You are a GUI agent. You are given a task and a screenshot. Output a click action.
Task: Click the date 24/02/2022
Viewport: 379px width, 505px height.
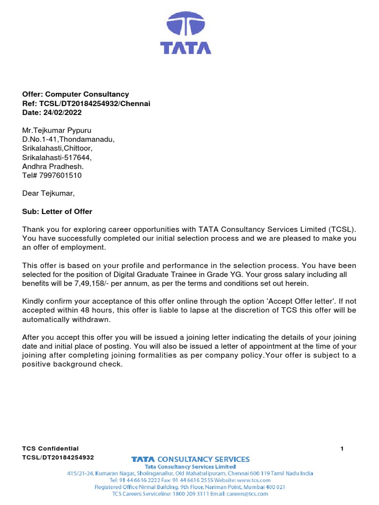tap(59, 113)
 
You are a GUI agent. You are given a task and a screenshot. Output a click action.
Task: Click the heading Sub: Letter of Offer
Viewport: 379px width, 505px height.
tap(57, 212)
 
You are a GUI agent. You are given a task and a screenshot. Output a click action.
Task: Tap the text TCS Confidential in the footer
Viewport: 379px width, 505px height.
tap(50, 448)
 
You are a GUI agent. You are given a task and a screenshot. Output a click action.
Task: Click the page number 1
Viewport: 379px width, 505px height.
tap(342, 448)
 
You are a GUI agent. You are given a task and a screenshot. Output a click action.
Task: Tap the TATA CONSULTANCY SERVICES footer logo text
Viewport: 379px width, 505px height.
tap(190, 459)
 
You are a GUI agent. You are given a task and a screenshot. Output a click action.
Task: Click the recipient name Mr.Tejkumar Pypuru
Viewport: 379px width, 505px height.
tap(57, 130)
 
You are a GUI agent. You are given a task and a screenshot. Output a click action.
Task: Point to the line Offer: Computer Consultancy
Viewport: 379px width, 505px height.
tap(76, 94)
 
